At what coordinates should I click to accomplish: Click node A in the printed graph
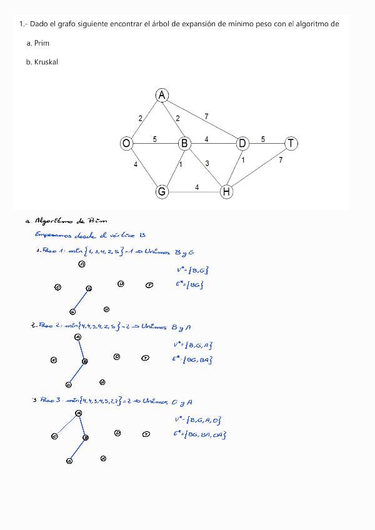point(162,95)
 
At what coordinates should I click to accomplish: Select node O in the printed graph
point(126,144)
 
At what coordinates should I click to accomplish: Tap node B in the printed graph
point(184,144)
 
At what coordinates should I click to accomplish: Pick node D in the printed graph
point(242,144)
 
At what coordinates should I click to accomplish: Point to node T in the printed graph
point(291,144)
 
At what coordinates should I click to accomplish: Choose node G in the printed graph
point(162,192)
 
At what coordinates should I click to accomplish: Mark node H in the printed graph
point(226,192)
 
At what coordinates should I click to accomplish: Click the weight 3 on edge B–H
point(207,163)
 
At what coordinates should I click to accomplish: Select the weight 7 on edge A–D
point(206,116)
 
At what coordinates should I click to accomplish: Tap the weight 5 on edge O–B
point(154,139)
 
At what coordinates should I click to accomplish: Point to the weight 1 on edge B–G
point(181,165)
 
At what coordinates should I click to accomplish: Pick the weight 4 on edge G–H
point(197,187)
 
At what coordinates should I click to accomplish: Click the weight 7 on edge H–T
point(281,161)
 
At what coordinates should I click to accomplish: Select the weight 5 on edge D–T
point(263,139)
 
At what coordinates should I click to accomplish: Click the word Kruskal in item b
point(46,62)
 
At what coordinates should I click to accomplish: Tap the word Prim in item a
point(42,43)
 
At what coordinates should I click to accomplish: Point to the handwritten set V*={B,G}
point(192,269)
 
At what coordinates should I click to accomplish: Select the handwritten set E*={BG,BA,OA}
point(200,434)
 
